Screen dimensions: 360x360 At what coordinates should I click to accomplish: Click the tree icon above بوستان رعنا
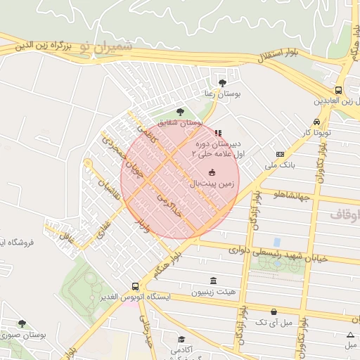(x=223, y=83)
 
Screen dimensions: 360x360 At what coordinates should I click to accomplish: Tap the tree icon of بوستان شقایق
(x=180, y=112)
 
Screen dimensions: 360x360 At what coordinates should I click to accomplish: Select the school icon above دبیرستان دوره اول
(x=218, y=132)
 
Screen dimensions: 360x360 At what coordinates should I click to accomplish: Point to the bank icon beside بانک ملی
(x=280, y=155)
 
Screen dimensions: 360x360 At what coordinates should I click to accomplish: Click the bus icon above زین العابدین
(x=339, y=90)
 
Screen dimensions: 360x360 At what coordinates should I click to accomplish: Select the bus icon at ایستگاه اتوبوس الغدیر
(x=135, y=286)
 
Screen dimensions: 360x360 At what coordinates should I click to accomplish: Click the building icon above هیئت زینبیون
(x=214, y=281)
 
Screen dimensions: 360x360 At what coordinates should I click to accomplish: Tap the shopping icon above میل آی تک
(x=274, y=311)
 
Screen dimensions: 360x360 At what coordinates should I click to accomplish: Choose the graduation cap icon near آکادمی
(x=181, y=340)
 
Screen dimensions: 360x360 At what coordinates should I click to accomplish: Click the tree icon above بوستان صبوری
(x=22, y=324)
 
